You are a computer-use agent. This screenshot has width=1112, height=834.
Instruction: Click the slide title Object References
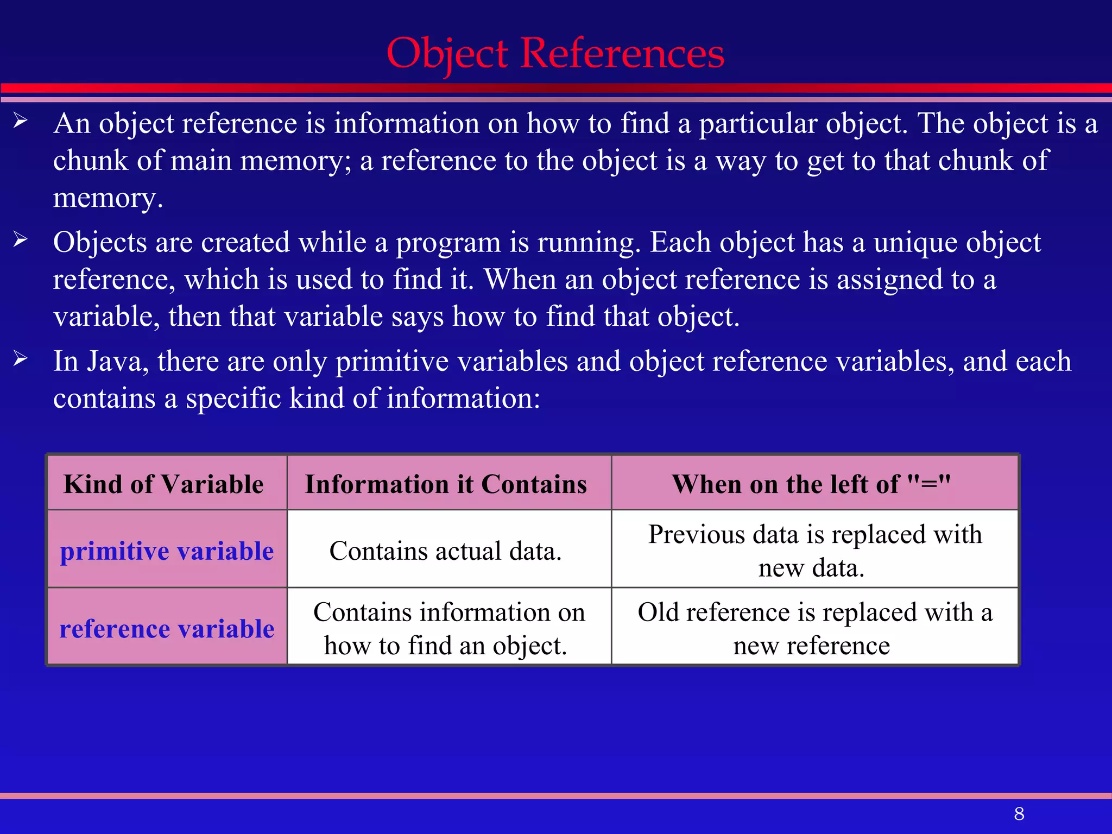[555, 54]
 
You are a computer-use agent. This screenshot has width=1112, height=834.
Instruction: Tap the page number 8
[1019, 813]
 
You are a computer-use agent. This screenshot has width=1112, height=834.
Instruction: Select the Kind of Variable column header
[163, 484]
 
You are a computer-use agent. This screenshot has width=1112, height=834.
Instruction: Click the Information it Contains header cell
[446, 484]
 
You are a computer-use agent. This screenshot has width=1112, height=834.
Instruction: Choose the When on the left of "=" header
[811, 484]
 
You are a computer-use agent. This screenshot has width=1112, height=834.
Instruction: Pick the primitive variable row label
[167, 551]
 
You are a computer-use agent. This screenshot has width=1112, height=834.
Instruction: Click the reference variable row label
[167, 628]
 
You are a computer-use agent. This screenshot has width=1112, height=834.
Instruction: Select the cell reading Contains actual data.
[445, 551]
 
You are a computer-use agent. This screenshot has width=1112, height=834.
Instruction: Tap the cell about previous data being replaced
[814, 551]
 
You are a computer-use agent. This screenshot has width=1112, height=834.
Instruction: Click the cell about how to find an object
[448, 628]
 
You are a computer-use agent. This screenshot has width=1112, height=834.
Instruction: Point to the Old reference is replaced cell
[814, 628]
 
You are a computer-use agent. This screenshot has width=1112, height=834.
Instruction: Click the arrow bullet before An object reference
[21, 121]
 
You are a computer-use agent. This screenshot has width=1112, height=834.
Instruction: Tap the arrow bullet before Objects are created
[21, 239]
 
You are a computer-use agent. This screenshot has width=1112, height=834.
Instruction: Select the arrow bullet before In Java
[21, 358]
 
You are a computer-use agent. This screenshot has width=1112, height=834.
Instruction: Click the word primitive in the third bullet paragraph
[391, 361]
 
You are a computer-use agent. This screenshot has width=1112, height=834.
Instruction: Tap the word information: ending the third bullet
[463, 398]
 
